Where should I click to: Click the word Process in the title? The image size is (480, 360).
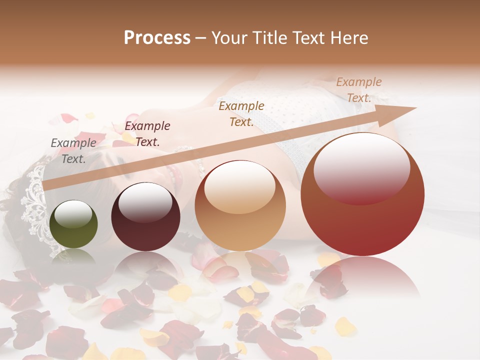(157, 38)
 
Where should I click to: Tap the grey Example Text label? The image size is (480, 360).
(73, 151)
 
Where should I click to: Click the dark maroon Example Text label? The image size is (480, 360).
(147, 134)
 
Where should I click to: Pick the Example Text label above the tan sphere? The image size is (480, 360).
(241, 114)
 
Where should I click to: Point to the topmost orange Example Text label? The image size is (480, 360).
(359, 90)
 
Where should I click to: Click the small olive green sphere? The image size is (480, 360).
(74, 224)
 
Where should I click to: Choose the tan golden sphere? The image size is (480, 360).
(240, 206)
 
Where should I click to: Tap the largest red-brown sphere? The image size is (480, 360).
(362, 194)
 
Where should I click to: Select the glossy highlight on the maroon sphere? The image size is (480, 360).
(145, 202)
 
